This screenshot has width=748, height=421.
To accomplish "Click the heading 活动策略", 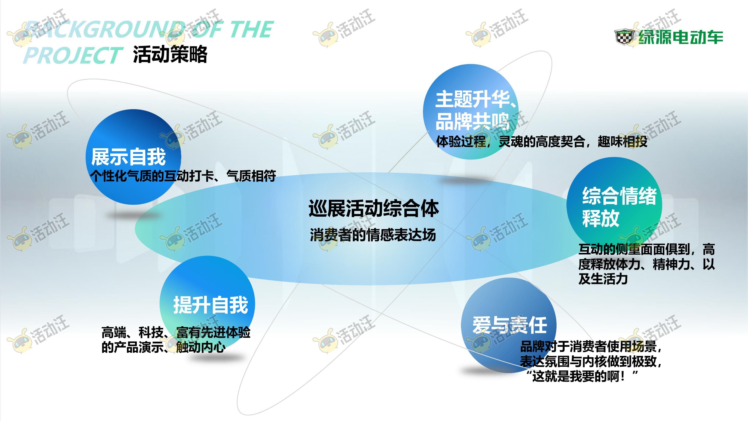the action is pyautogui.click(x=170, y=54).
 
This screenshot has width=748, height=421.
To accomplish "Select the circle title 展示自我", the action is pyautogui.click(x=128, y=157).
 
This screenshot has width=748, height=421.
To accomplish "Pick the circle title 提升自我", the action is pyautogui.click(x=211, y=305).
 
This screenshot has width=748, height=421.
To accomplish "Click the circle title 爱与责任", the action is pyautogui.click(x=510, y=325).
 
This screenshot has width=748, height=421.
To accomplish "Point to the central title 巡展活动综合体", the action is pyautogui.click(x=374, y=208).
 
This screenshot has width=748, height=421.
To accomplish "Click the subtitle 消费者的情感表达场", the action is pyautogui.click(x=373, y=235).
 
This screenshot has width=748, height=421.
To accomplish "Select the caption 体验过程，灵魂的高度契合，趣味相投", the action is pyautogui.click(x=542, y=142).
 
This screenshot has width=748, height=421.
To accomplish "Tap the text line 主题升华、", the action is pyautogui.click(x=476, y=99).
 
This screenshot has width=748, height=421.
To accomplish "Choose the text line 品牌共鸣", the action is pyautogui.click(x=473, y=121).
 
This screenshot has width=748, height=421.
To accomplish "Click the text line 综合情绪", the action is pyautogui.click(x=619, y=196).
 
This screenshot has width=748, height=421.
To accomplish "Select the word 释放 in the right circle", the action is pyautogui.click(x=600, y=218).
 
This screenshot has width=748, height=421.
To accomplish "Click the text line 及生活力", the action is pyautogui.click(x=603, y=279).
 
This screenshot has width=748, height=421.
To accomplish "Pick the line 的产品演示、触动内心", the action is pyautogui.click(x=163, y=347).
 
